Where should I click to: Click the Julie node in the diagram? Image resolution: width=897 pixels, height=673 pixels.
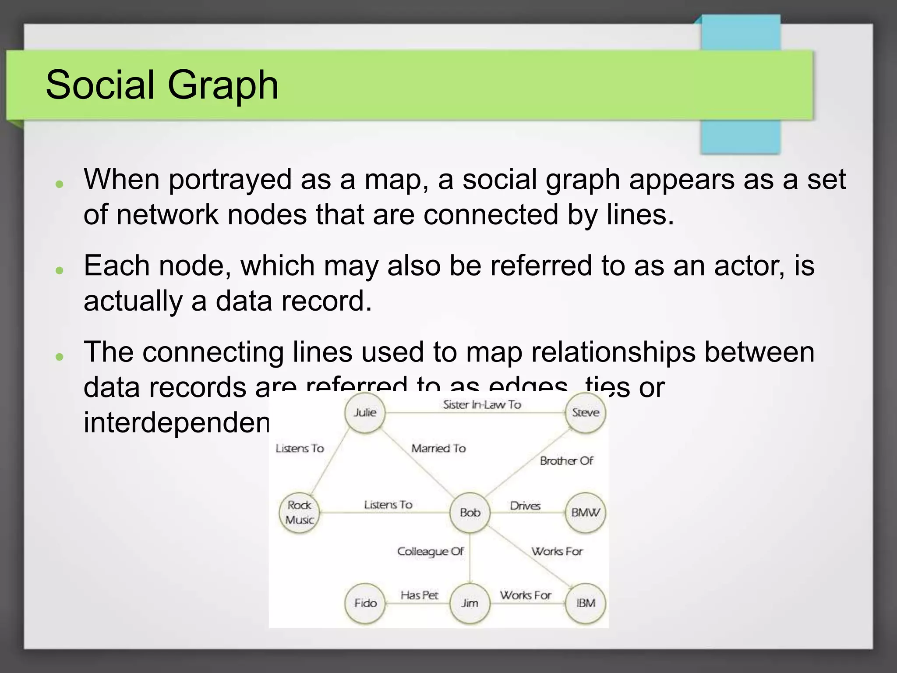click(365, 413)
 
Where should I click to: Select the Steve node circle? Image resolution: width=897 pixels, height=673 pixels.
click(585, 413)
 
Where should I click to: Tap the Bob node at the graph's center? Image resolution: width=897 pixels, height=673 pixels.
click(470, 513)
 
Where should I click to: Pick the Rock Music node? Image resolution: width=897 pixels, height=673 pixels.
click(300, 513)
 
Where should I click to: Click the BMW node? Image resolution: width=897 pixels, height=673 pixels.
click(585, 513)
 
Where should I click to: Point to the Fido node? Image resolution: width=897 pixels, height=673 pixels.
click(365, 603)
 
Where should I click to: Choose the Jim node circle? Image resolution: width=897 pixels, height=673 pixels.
click(470, 603)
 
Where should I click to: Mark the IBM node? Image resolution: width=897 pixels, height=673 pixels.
click(586, 603)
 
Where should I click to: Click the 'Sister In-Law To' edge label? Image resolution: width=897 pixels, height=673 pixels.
click(482, 405)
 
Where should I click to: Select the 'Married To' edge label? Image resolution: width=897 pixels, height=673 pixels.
click(438, 448)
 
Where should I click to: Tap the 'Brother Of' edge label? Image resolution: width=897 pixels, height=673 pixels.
click(566, 461)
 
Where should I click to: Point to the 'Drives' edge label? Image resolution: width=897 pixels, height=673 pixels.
click(525, 506)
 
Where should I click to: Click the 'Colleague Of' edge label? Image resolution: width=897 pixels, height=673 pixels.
click(430, 552)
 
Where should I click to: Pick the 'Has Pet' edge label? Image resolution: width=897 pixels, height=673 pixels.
click(419, 595)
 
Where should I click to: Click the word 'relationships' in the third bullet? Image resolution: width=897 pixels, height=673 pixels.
click(613, 352)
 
